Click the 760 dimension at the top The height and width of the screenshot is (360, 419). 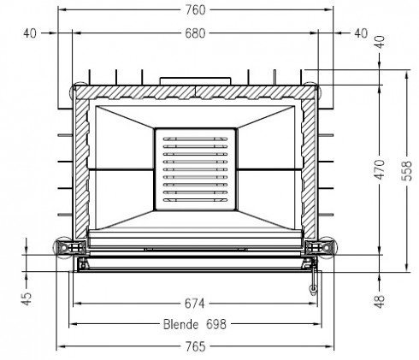(196, 10)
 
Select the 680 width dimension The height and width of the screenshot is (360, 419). (196, 34)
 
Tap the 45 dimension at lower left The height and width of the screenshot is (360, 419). (27, 298)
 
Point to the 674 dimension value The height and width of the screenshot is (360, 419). (196, 303)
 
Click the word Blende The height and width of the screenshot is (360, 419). (180, 325)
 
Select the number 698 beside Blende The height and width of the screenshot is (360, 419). (218, 325)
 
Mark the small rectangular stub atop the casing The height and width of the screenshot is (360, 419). (196, 80)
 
